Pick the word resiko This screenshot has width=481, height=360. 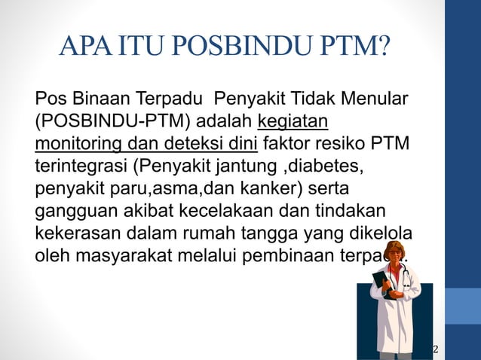340,144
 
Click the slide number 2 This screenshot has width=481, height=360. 435,349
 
